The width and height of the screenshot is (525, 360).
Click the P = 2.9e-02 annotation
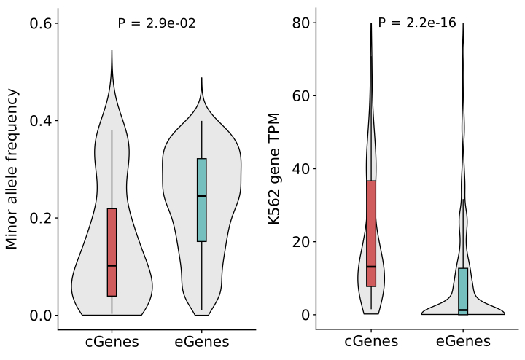(x=156, y=23)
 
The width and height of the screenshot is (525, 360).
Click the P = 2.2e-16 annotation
(x=417, y=23)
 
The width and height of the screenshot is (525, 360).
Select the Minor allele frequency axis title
(x=12, y=169)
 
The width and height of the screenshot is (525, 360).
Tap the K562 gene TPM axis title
(x=275, y=169)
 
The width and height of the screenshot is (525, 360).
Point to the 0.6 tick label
(x=39, y=23)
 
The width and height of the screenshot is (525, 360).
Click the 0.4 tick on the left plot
(x=39, y=121)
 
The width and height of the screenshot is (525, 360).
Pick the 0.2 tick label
(x=39, y=218)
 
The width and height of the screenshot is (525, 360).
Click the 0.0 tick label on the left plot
(x=39, y=316)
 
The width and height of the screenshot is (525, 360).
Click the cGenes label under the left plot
(x=112, y=342)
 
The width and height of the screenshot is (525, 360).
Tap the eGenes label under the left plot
(x=202, y=342)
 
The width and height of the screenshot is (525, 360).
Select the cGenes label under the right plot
(x=371, y=342)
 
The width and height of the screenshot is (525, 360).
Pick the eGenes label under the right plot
(x=463, y=342)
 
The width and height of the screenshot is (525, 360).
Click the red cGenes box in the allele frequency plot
(x=112, y=251)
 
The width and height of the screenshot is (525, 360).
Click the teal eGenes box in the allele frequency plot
(x=202, y=200)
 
